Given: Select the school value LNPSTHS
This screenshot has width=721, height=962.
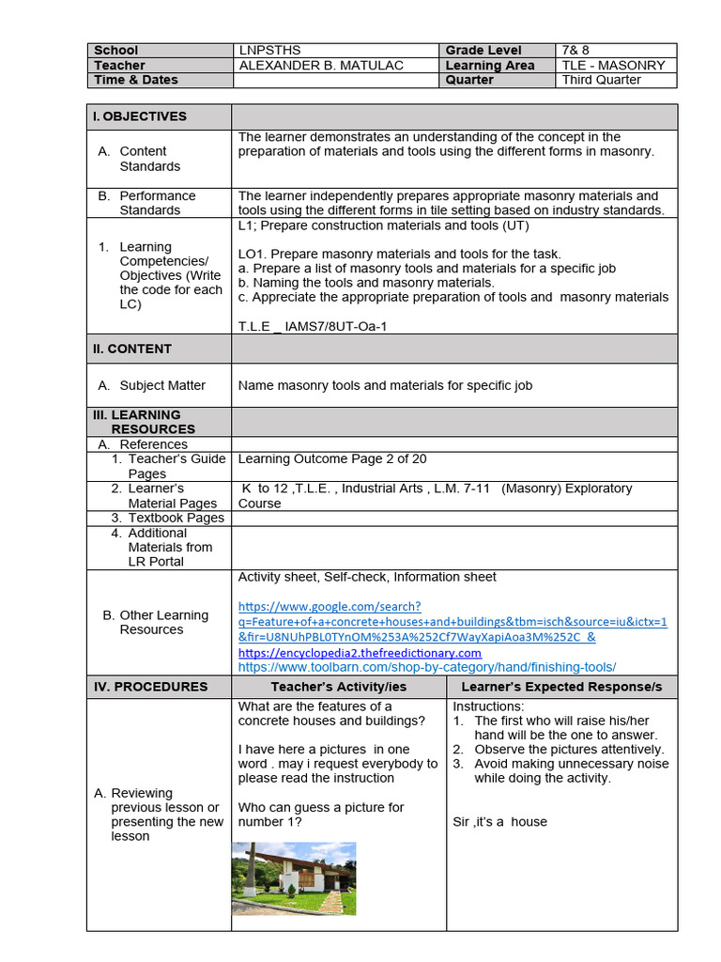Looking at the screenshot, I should [x=270, y=51].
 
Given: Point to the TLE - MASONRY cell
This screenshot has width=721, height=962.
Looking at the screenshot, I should [x=613, y=66].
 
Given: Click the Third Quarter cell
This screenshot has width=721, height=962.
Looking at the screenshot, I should [x=601, y=80].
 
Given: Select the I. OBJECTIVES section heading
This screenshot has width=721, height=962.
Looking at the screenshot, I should [x=140, y=116].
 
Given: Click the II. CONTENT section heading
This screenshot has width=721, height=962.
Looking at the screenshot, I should [x=132, y=349].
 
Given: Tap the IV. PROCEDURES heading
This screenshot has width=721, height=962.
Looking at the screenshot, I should [x=150, y=687].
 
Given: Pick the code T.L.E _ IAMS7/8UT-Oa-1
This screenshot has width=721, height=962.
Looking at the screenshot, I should [x=313, y=326].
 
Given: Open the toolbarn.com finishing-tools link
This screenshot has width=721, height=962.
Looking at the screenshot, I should [x=427, y=667].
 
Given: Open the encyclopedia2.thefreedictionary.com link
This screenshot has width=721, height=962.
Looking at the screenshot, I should [x=360, y=652].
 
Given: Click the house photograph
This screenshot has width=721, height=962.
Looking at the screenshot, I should [x=294, y=878].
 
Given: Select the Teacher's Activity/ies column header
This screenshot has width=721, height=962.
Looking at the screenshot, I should [x=338, y=687].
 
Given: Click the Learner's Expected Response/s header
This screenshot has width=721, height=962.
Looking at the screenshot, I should [x=561, y=687].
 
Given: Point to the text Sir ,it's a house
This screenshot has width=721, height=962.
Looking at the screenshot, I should [x=499, y=822].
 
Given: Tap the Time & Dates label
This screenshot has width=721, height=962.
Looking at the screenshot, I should [x=135, y=80].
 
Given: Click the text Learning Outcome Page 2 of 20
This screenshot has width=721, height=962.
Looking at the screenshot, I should [x=332, y=459].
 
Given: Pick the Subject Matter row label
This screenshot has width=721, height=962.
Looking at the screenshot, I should [x=162, y=385].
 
